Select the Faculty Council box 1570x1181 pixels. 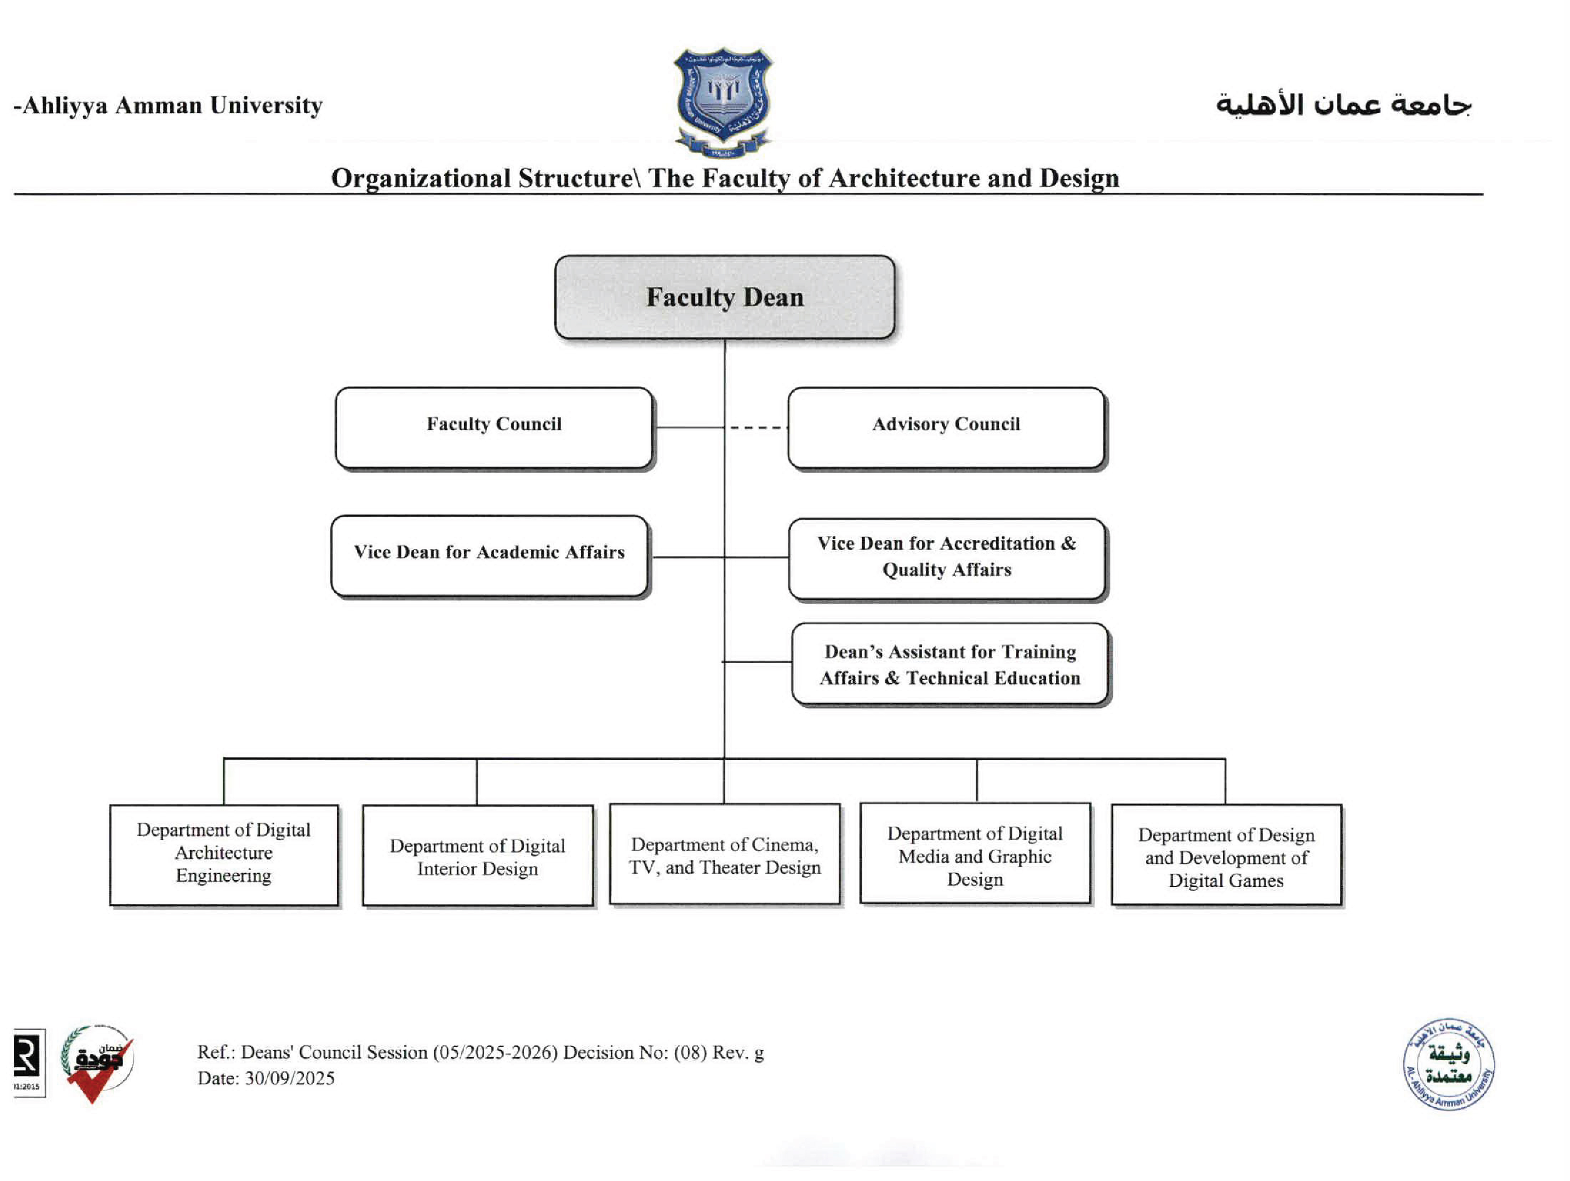coord(494,427)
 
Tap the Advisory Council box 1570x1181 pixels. coord(946,427)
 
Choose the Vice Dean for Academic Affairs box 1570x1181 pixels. coord(489,556)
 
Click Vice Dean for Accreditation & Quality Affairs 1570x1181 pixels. coord(946,558)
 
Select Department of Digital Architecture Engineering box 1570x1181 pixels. coord(224,854)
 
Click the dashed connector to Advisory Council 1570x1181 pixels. coord(756,427)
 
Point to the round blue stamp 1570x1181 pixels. coord(1449,1064)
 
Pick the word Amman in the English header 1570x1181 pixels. coord(158,105)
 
